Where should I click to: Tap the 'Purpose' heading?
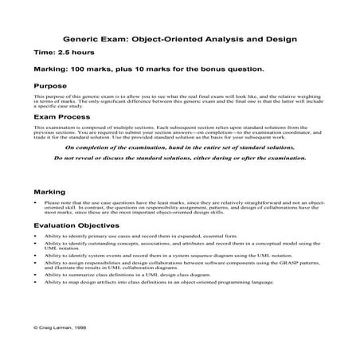coord(52,84)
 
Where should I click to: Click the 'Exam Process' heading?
coord(63,117)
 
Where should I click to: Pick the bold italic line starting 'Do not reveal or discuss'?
coord(180,158)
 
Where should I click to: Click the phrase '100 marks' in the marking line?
coord(95,69)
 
